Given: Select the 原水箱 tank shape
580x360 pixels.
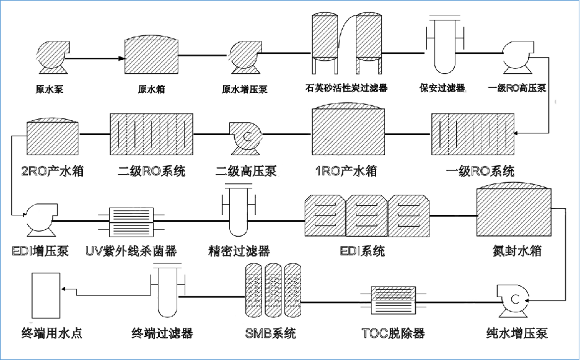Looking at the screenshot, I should [x=152, y=57].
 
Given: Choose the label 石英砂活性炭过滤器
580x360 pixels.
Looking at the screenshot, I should [x=346, y=89].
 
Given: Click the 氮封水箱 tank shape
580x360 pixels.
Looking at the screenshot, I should [x=512, y=211].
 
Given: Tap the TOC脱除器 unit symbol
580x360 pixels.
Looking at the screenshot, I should [x=393, y=301].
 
